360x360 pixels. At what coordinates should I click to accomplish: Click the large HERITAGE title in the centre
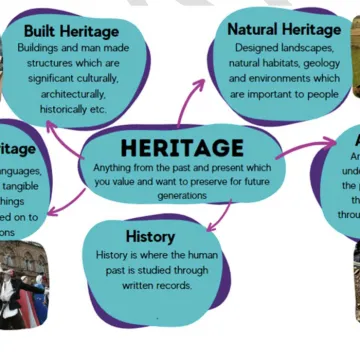[181, 148]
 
